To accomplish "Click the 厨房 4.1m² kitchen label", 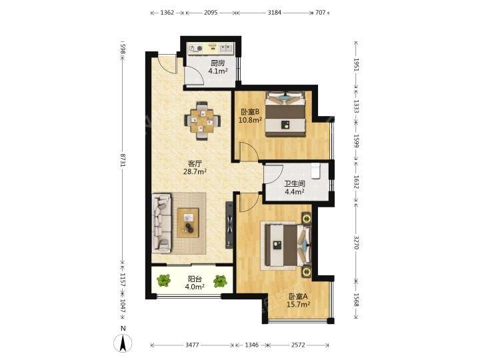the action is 218,67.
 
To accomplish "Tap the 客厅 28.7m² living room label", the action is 195,167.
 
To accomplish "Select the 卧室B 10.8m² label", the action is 250,116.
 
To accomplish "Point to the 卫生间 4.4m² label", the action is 295,188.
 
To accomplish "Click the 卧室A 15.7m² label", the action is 298,300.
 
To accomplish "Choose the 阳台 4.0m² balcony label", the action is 195,283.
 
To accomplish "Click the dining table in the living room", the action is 202,121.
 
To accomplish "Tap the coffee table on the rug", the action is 188,223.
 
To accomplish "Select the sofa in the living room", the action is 161,223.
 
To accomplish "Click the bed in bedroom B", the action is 285,114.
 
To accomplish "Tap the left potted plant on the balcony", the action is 163,281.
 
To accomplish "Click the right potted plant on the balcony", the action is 220,281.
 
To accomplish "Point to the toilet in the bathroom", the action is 315,170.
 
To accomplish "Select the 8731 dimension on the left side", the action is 123,160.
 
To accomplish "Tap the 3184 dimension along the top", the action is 274,13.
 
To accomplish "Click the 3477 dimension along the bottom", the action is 192,345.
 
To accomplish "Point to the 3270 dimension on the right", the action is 356,242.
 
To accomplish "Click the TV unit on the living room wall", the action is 229,225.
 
